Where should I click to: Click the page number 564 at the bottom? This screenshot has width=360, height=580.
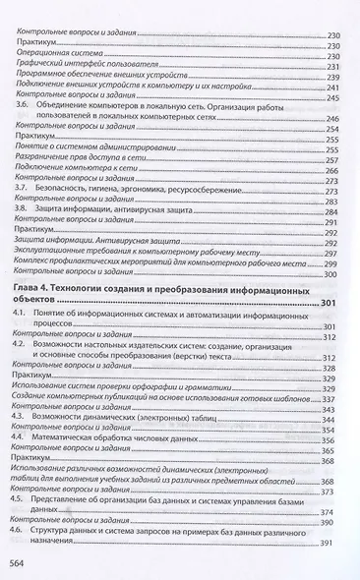[x=21, y=563]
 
